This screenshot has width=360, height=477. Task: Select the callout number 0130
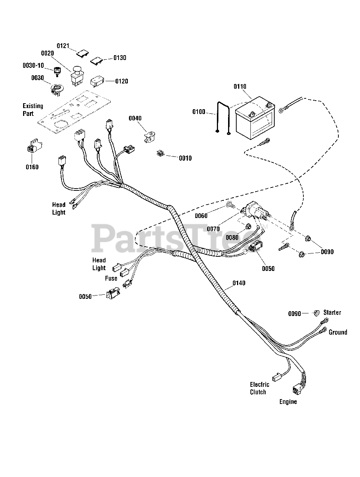tap(120, 58)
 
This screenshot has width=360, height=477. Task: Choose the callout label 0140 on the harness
tap(239, 283)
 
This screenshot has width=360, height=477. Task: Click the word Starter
tap(332, 312)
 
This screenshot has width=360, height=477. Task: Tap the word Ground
tap(338, 332)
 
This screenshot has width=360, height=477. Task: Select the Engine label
tap(288, 402)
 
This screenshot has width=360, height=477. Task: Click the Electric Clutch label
tap(259, 388)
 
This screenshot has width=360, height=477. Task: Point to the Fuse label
tap(111, 278)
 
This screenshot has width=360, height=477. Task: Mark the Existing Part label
tap(33, 110)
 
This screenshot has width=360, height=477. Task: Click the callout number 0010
tap(185, 158)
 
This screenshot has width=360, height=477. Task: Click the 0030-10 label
tap(33, 66)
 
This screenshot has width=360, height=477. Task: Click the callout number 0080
tap(232, 237)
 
